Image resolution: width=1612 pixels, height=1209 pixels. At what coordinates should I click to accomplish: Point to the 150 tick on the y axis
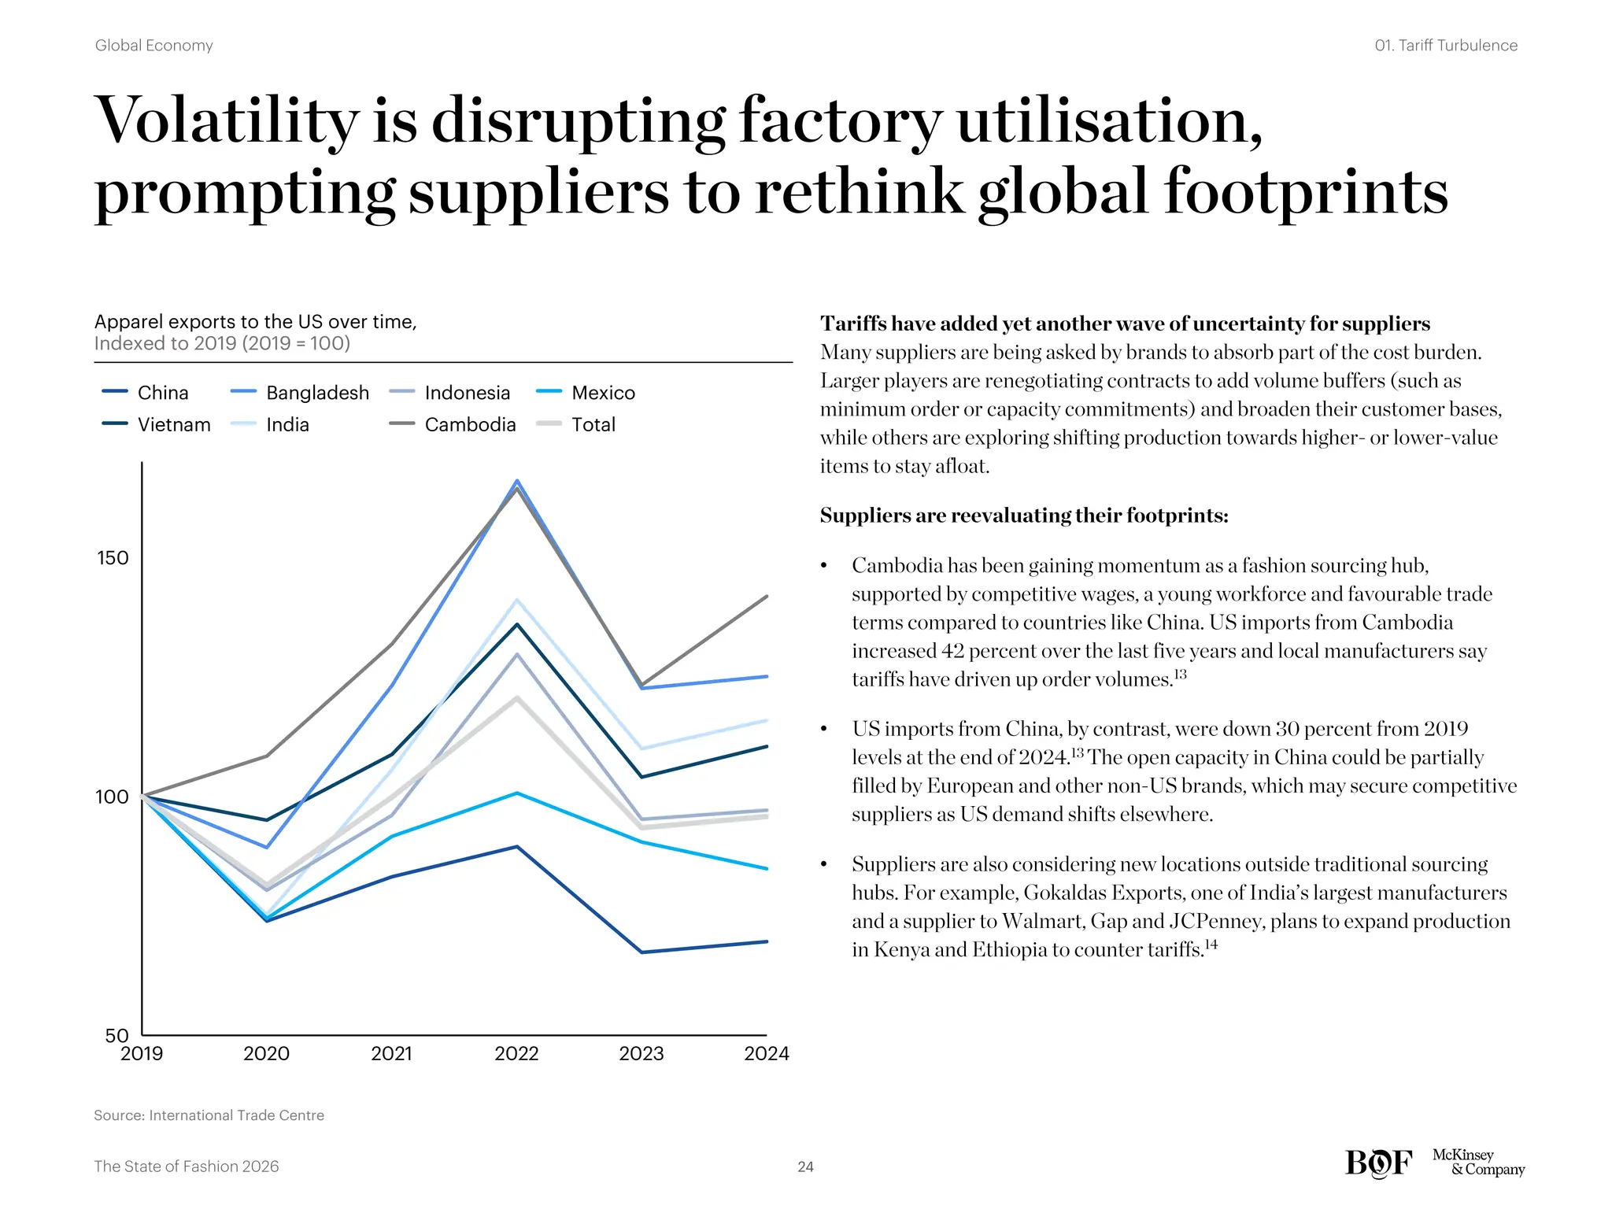(x=112, y=558)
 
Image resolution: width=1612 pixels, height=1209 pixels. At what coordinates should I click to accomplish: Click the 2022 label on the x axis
(x=516, y=1053)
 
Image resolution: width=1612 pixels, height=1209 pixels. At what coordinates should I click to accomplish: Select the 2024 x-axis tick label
(x=766, y=1053)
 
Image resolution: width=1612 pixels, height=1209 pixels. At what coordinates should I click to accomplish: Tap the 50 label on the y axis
(x=116, y=1036)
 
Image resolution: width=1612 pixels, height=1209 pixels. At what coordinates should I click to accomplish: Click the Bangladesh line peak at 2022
(x=517, y=481)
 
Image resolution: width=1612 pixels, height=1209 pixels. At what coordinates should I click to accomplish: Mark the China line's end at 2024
(x=766, y=941)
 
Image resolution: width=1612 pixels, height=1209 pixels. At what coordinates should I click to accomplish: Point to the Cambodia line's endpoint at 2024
(x=766, y=597)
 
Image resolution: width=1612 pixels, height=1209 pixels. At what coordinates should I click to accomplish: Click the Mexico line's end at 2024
(x=766, y=868)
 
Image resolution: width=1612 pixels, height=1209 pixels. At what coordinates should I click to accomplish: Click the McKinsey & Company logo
(x=1477, y=1162)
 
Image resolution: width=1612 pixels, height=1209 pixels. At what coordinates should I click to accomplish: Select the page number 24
(x=805, y=1166)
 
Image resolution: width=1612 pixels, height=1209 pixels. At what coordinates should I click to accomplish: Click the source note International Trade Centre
(x=209, y=1115)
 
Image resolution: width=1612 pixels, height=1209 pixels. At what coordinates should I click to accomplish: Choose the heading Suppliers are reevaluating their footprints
(x=1023, y=516)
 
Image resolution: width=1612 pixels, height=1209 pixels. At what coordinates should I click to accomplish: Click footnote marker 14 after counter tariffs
(x=1211, y=944)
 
